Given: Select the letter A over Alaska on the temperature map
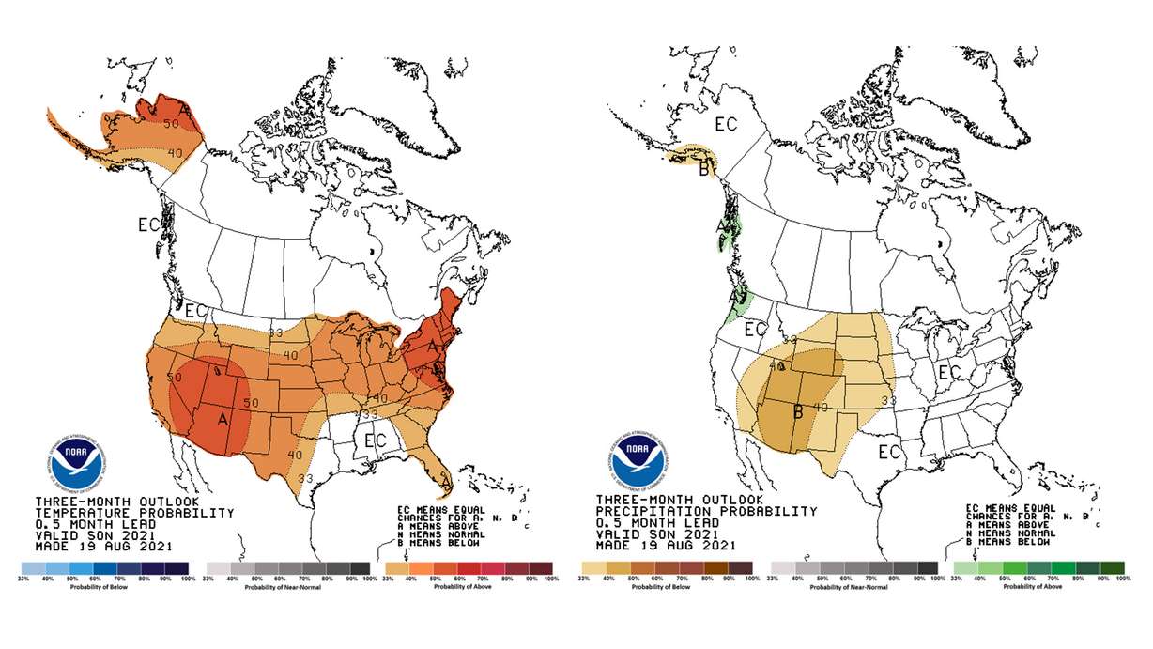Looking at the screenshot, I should click(185, 112).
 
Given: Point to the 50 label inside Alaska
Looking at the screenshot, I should click(171, 123).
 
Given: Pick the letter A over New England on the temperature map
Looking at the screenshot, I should click(432, 346).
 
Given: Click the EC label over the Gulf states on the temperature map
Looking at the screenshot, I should click(376, 440).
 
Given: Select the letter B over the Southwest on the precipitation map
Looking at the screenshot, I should click(797, 410).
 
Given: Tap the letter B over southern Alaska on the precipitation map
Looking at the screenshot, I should click(703, 170).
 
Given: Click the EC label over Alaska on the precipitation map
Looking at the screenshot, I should click(726, 123).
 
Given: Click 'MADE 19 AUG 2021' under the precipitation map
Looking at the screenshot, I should click(666, 546).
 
